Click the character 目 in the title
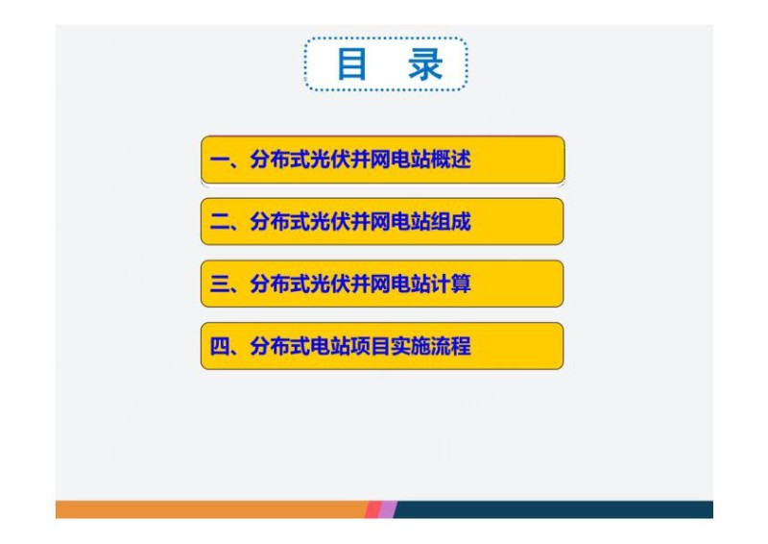[352, 64]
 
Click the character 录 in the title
[424, 64]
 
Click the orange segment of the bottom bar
[211, 509]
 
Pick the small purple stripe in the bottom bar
[387, 509]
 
